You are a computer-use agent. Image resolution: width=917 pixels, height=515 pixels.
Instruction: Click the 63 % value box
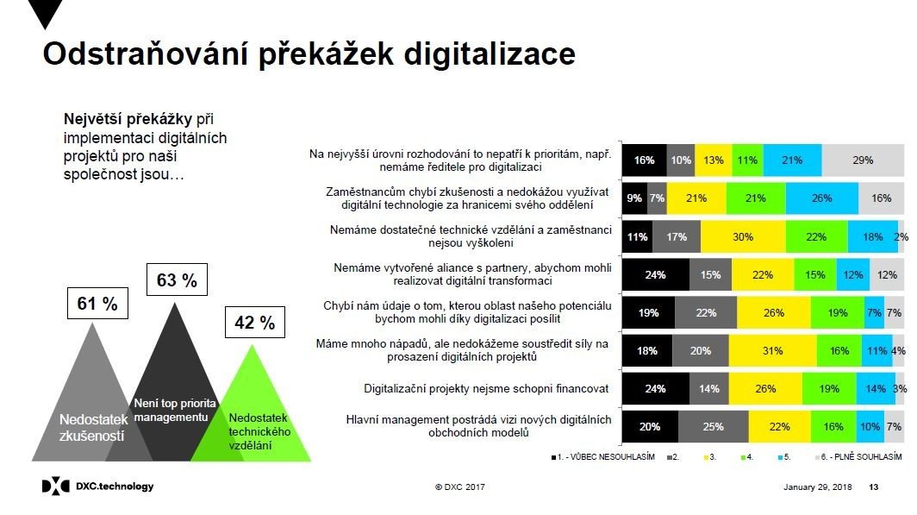177,280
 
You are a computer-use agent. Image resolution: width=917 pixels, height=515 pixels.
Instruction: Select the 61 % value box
97,304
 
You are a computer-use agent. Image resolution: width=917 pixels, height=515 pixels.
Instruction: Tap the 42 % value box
254,323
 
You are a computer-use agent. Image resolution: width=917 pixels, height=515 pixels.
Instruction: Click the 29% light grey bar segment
863,160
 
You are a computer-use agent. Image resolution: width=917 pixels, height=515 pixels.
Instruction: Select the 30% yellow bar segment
743,236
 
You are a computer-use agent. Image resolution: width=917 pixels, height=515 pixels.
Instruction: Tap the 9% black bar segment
634,198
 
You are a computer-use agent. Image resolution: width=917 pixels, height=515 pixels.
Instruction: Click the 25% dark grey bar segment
713,427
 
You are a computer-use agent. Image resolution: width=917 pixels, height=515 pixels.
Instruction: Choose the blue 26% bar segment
821,198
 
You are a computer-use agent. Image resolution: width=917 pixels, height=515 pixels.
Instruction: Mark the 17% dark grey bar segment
677,236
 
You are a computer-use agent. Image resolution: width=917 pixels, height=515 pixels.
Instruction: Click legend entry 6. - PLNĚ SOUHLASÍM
863,455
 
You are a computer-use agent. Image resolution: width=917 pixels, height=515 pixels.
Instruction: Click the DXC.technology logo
97,487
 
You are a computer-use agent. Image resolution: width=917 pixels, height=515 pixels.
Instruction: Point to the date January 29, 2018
817,487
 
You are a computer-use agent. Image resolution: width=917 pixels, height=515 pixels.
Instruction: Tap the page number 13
874,487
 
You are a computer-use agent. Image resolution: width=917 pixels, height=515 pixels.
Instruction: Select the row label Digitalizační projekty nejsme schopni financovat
488,388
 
